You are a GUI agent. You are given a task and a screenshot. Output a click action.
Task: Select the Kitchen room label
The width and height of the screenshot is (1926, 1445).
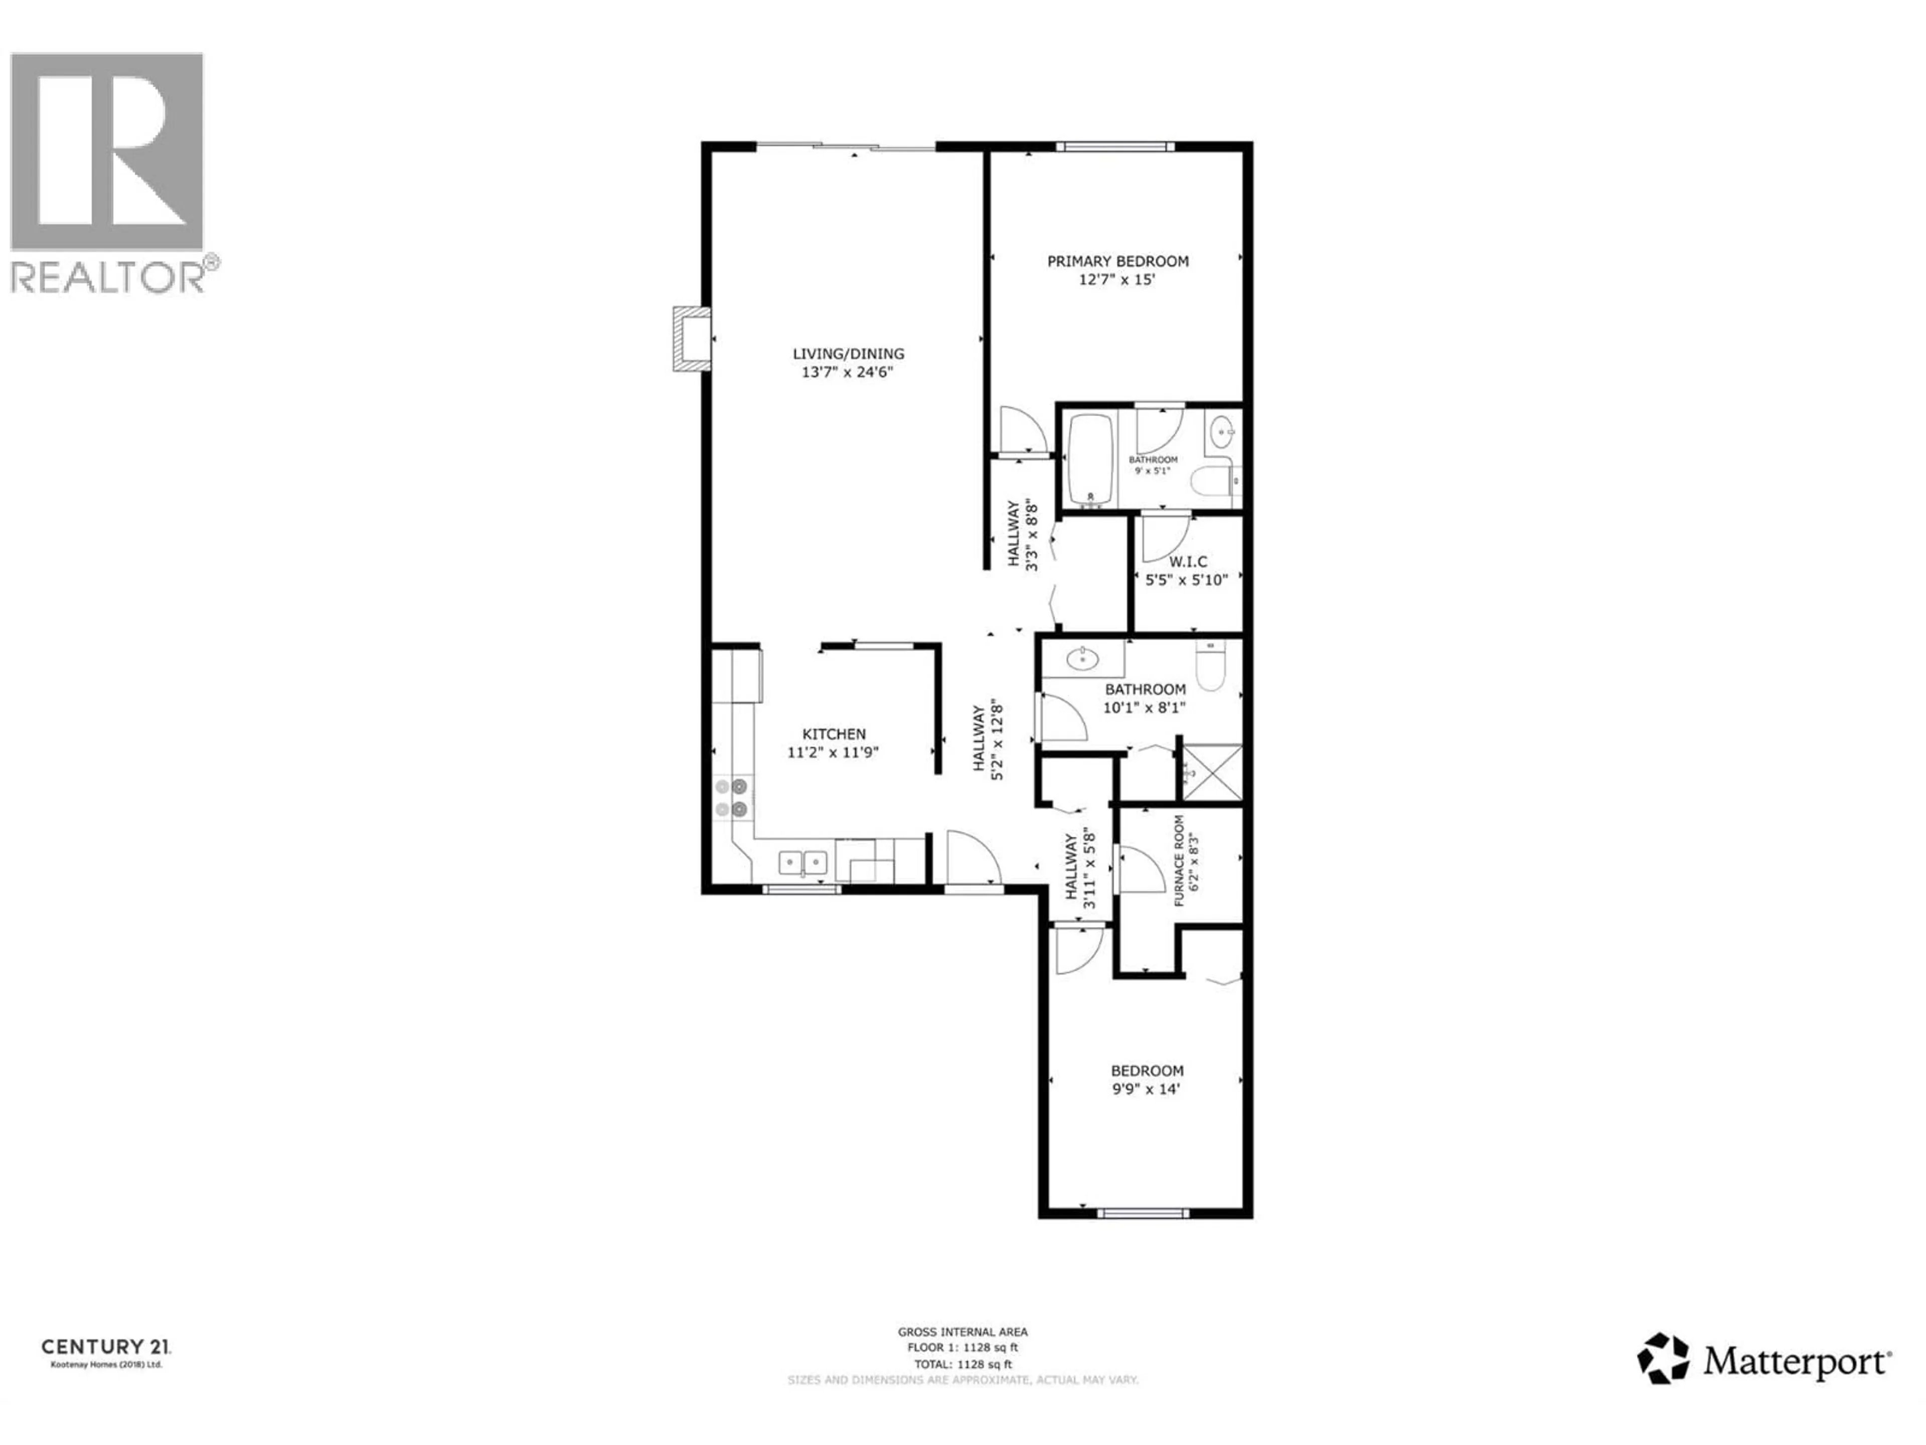[x=833, y=734]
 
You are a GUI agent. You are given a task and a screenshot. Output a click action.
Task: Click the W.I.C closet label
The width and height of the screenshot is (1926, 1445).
[x=1188, y=562]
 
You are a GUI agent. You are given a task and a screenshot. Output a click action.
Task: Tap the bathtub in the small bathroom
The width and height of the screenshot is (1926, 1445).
[x=1090, y=461]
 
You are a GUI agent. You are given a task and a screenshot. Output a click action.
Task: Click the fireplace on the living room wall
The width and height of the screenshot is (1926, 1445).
[x=691, y=339]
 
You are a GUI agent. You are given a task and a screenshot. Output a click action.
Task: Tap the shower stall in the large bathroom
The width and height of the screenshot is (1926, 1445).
[x=1210, y=772]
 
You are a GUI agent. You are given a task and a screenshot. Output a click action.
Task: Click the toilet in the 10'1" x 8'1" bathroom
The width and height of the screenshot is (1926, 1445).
[x=1210, y=666]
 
